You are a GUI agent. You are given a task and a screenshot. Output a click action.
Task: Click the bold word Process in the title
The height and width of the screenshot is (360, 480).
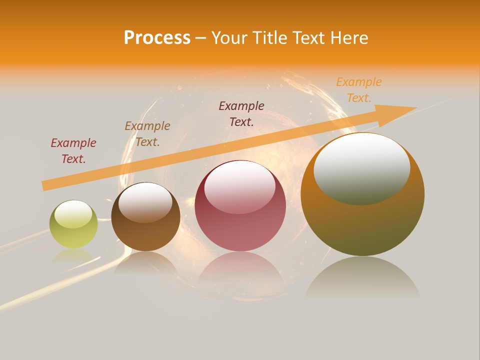pyautogui.click(x=157, y=38)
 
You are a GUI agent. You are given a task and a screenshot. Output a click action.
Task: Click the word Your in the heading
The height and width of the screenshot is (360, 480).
pyautogui.click(x=229, y=38)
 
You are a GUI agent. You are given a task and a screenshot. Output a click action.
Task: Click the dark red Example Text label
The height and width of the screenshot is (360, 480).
pyautogui.click(x=73, y=150)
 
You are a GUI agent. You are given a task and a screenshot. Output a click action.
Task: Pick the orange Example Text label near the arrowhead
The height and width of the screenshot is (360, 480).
pyautogui.click(x=359, y=90)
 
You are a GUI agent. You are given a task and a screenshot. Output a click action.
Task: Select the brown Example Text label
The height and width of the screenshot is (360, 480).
pyautogui.click(x=147, y=133)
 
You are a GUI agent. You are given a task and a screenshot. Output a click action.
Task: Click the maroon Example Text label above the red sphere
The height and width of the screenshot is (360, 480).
pyautogui.click(x=241, y=113)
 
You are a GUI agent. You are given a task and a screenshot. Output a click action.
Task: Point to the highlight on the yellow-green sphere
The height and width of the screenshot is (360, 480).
pyautogui.click(x=73, y=214)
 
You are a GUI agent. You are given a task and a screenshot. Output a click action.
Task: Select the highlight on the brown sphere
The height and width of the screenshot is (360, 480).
pyautogui.click(x=145, y=201)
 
